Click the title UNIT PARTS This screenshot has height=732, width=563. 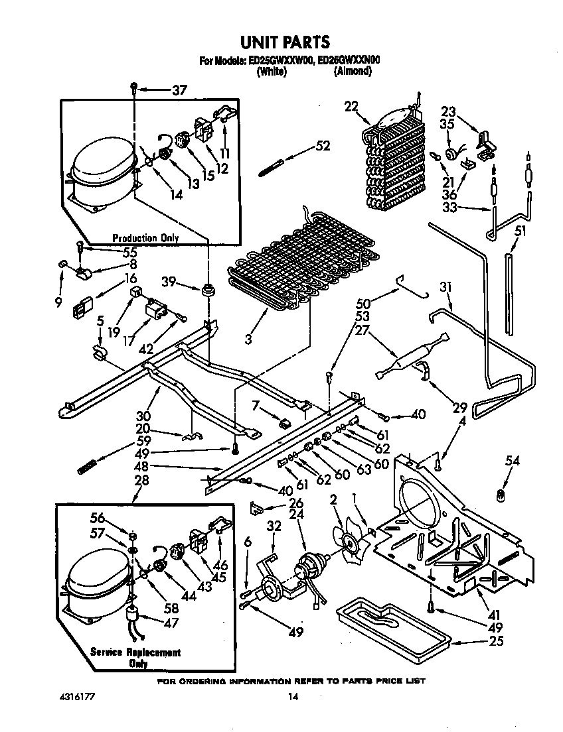(284, 42)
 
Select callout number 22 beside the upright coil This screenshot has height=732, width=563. (351, 106)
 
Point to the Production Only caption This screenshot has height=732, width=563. (145, 238)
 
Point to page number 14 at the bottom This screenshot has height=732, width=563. (292, 697)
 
